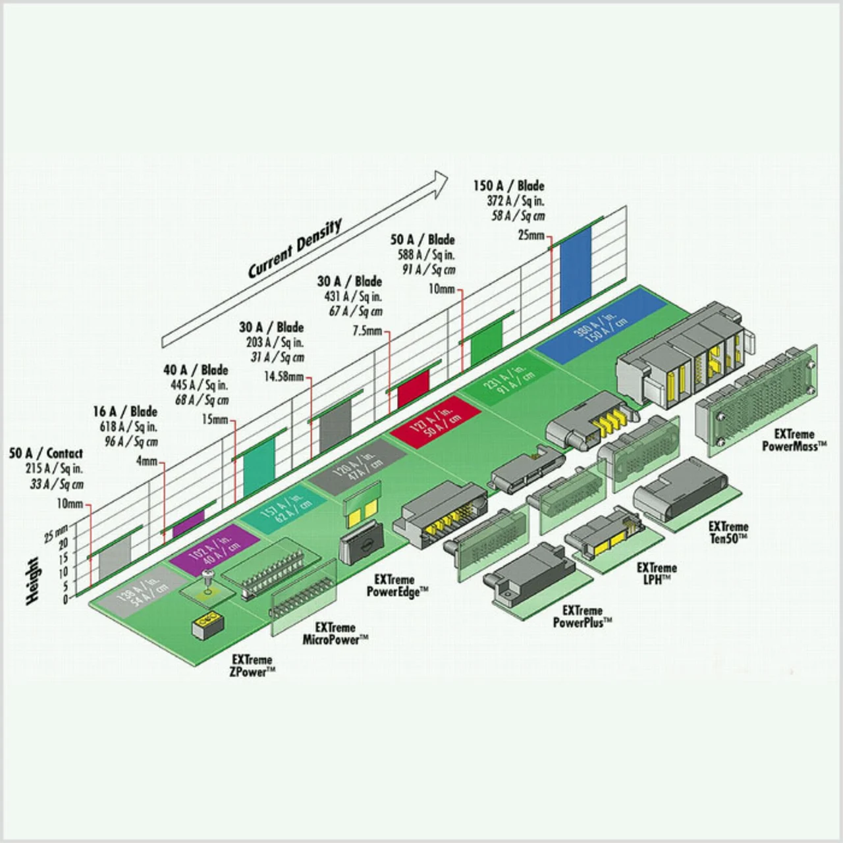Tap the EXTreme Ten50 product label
click(x=728, y=532)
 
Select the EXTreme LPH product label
click(x=657, y=572)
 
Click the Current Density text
click(x=295, y=249)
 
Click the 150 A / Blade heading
click(x=508, y=186)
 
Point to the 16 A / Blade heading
click(x=125, y=412)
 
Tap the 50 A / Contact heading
click(x=46, y=453)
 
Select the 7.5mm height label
click(x=368, y=331)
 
